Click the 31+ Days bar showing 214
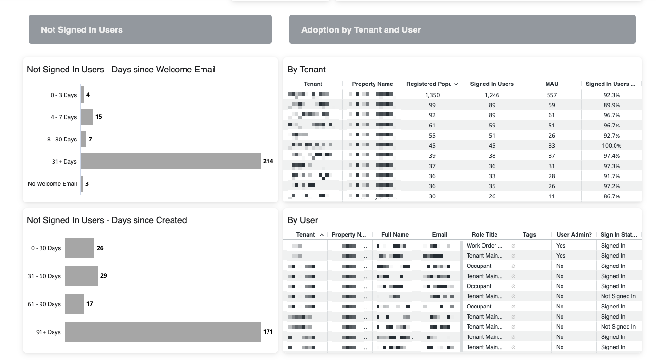tap(171, 161)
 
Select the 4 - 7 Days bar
tap(87, 117)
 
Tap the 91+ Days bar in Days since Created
tap(162, 332)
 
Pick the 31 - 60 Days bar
tap(81, 276)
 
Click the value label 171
tap(268, 332)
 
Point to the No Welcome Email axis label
tap(53, 184)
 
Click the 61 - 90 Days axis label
tap(44, 304)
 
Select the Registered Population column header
tap(428, 84)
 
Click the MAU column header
tap(551, 84)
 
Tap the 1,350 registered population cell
tap(432, 95)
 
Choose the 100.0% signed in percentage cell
tap(612, 146)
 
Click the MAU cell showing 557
tap(551, 95)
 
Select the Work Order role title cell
tap(484, 246)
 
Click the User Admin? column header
tap(574, 235)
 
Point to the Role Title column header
tap(484, 235)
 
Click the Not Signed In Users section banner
tap(150, 30)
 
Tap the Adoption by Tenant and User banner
tap(462, 30)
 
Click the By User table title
tap(303, 220)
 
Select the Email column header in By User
tap(440, 235)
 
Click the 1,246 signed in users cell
tap(492, 95)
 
